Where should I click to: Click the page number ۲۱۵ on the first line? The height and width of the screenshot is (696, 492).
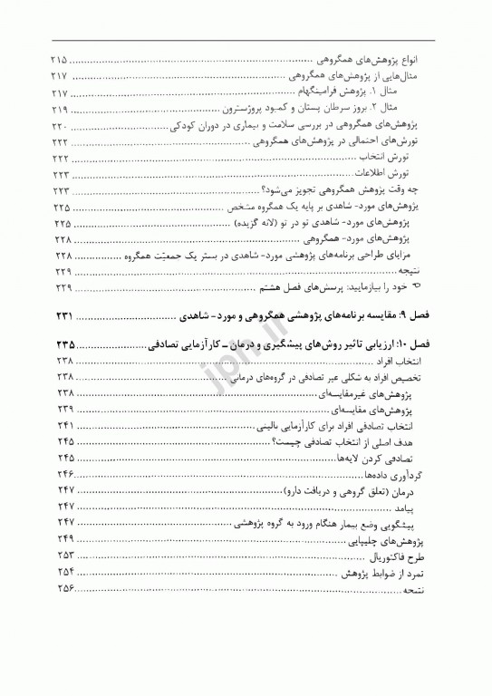pyautogui.click(x=66, y=59)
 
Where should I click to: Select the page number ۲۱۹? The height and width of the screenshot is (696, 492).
pyautogui.click(x=66, y=109)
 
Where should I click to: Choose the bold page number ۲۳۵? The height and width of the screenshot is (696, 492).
pyautogui.click(x=69, y=344)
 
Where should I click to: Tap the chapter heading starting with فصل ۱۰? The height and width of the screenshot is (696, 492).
pyautogui.click(x=308, y=344)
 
